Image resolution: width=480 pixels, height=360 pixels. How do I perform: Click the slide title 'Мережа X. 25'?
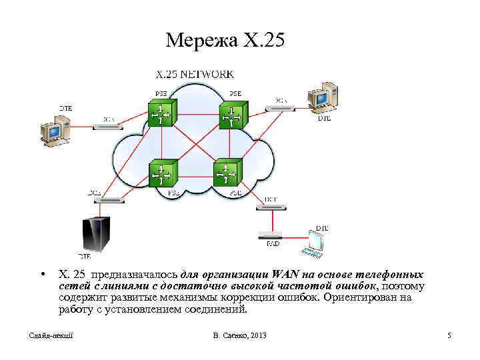click(225, 41)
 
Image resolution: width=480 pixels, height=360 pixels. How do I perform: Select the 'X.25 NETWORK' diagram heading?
click(194, 74)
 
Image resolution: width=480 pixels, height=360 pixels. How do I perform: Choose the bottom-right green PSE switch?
click(225, 175)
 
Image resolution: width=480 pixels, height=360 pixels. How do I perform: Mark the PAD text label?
click(272, 245)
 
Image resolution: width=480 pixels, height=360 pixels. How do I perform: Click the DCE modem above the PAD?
click(271, 207)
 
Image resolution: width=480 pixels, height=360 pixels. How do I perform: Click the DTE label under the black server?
click(85, 256)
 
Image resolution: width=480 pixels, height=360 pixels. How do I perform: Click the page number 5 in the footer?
click(449, 335)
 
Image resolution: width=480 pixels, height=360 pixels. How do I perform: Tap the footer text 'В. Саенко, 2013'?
click(237, 335)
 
